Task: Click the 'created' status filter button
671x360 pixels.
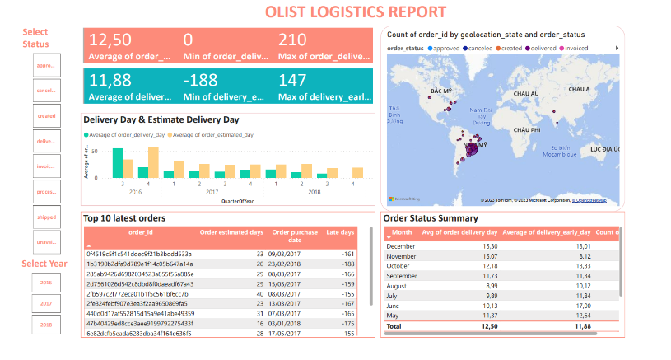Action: pyautogui.click(x=45, y=116)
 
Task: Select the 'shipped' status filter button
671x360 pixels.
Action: pyautogui.click(x=45, y=217)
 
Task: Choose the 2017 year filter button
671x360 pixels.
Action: pyautogui.click(x=45, y=303)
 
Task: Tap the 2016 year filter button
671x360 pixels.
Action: pyautogui.click(x=45, y=282)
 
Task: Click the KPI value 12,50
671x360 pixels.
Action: pyautogui.click(x=110, y=40)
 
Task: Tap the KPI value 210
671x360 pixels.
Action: pyautogui.click(x=292, y=40)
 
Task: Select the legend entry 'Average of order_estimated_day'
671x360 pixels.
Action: pyautogui.click(x=212, y=134)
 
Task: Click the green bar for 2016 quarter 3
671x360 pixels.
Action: pyautogui.click(x=118, y=162)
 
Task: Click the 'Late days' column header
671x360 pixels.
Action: pyautogui.click(x=341, y=232)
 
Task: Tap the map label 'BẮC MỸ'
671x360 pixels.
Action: pyautogui.click(x=441, y=91)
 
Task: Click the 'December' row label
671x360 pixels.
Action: pyautogui.click(x=401, y=246)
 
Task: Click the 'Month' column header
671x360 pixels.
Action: pyautogui.click(x=402, y=232)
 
